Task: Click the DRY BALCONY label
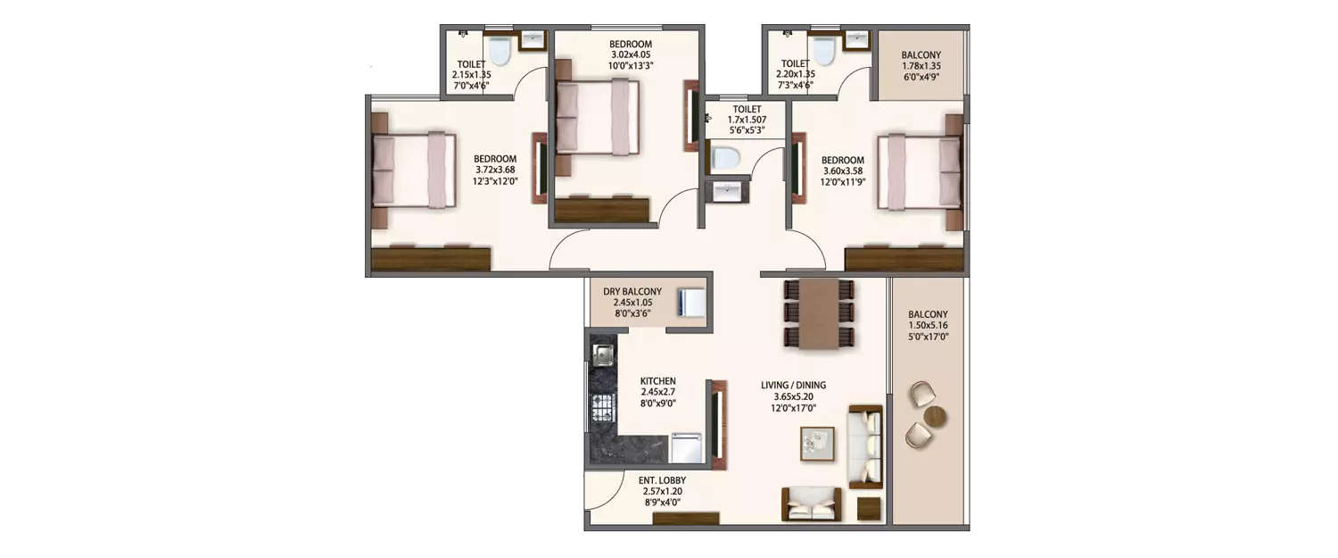tap(632, 291)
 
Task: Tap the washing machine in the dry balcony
tap(691, 302)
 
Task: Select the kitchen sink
tap(602, 354)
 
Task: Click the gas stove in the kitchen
tap(601, 410)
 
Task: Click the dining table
tap(819, 313)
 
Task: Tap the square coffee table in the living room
tap(817, 443)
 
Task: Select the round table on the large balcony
tap(935, 416)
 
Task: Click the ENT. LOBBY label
tap(662, 480)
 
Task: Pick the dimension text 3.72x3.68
tap(496, 171)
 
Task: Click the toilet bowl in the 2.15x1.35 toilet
tap(500, 52)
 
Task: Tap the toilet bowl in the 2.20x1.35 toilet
tap(824, 52)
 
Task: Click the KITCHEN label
tap(658, 380)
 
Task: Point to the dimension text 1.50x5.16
tap(928, 326)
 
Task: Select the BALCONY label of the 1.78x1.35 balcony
tap(921, 54)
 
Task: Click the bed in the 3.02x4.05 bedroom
tap(598, 117)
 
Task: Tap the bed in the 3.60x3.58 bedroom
tap(919, 171)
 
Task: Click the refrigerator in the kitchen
tap(687, 447)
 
